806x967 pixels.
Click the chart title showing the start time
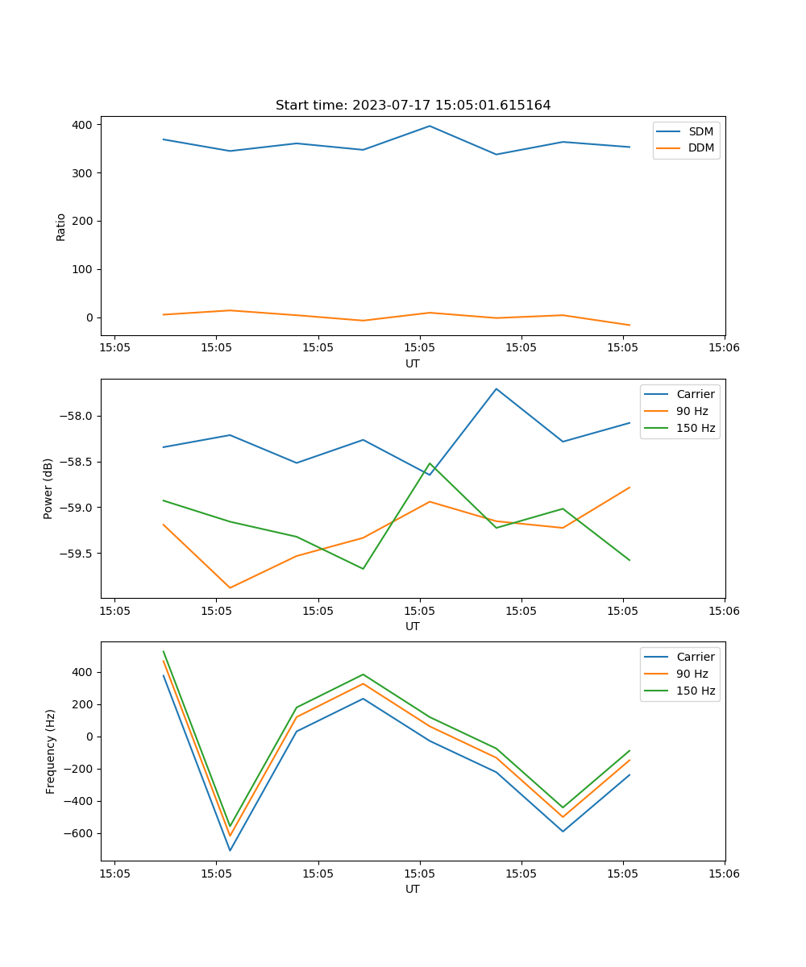coord(413,106)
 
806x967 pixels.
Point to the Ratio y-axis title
coord(61,226)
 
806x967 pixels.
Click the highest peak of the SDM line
coord(430,126)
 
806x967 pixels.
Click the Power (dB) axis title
coord(48,488)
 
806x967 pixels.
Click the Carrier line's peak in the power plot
coord(496,388)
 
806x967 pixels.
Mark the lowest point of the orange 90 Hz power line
coord(230,587)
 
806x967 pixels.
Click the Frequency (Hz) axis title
coord(51,751)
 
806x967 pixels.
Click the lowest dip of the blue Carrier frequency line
coord(230,850)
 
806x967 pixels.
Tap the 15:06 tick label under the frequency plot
coord(724,874)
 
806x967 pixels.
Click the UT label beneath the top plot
coord(413,363)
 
